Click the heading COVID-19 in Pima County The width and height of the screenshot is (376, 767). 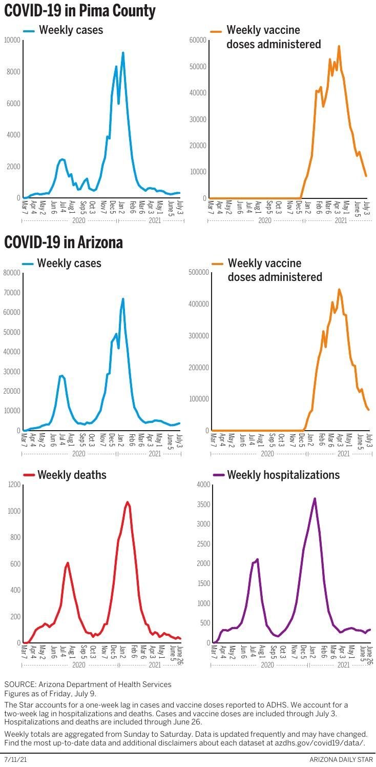click(80, 11)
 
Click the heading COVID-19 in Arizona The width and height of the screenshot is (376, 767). click(64, 242)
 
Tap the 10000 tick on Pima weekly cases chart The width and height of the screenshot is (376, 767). click(12, 40)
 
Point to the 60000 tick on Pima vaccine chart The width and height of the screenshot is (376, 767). click(198, 40)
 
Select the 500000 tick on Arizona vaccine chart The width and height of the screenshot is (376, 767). click(199, 272)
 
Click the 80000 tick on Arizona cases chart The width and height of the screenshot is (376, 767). click(12, 273)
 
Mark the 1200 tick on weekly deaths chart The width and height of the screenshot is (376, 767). click(14, 485)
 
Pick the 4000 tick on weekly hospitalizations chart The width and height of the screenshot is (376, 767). click(203, 485)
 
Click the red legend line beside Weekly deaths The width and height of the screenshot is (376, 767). click(29, 475)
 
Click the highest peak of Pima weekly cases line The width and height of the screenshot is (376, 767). click(123, 53)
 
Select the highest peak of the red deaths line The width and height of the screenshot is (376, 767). click(127, 502)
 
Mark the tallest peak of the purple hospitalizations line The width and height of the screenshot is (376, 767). click(315, 498)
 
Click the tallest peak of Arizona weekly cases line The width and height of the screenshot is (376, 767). click(123, 299)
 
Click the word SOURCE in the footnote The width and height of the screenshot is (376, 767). click(18, 684)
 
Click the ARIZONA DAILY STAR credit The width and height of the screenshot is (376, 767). click(341, 759)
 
